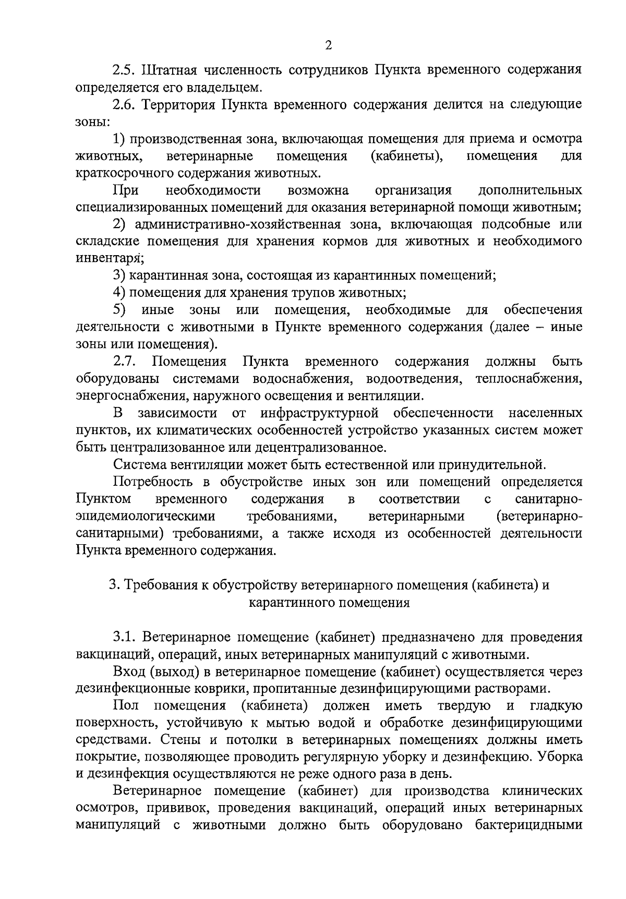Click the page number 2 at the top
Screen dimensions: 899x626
click(x=328, y=45)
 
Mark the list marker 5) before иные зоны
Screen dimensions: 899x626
click(x=119, y=310)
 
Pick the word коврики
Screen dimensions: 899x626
click(x=196, y=689)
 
